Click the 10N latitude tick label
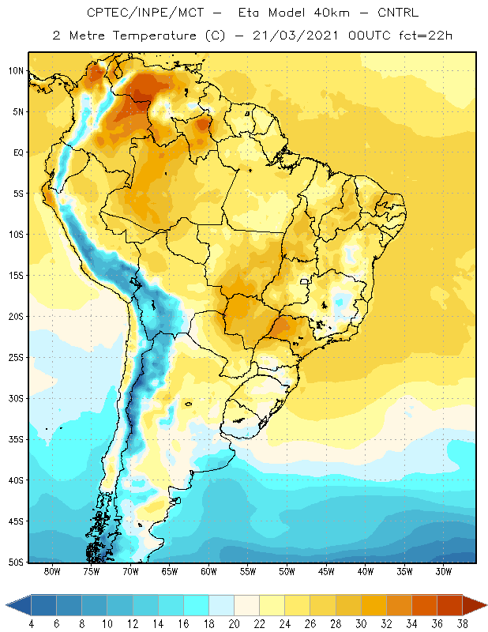(x=16, y=71)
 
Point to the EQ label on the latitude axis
(x=18, y=152)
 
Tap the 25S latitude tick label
(x=16, y=358)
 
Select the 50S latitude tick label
(x=16, y=562)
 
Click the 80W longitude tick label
(x=52, y=571)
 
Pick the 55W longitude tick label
(x=248, y=571)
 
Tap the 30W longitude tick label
(x=444, y=571)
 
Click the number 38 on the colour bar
(x=462, y=624)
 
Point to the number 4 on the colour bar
(x=32, y=624)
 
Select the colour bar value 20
(x=234, y=624)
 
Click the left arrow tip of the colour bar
(x=6, y=605)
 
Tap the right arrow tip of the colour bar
(x=486, y=605)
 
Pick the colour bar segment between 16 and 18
(x=197, y=605)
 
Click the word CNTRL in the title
(x=398, y=13)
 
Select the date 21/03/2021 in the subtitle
(x=295, y=36)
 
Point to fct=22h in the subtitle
(x=426, y=36)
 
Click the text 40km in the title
(x=331, y=13)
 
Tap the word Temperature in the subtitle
(x=154, y=36)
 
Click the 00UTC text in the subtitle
(x=369, y=36)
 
